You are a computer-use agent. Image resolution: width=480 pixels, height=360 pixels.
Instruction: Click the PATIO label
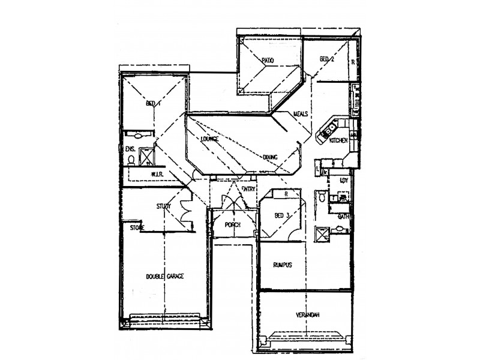tap(268, 61)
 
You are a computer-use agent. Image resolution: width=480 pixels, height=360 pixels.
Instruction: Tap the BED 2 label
tap(326, 59)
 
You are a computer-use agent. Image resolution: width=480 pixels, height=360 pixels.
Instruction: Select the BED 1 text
tap(154, 103)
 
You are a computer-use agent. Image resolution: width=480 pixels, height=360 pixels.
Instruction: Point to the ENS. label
tap(130, 148)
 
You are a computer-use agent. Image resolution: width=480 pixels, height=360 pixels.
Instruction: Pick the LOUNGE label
tap(209, 139)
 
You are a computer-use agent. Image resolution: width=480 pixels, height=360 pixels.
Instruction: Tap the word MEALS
tap(301, 114)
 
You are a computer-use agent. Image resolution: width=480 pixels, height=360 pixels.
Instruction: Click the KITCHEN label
tap(339, 140)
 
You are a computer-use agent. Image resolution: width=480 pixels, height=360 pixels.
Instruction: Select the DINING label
tap(270, 157)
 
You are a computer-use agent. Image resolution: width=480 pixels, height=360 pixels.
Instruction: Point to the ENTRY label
tap(248, 188)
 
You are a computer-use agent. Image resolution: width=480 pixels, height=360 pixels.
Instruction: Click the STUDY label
tap(164, 206)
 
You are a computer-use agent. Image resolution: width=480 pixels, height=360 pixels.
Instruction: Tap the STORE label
tap(137, 228)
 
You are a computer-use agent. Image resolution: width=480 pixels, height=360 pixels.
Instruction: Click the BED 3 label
tap(282, 215)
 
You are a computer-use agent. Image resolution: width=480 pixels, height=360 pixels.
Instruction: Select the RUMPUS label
tap(282, 265)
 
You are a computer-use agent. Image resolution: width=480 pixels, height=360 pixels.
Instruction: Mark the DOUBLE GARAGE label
tap(164, 277)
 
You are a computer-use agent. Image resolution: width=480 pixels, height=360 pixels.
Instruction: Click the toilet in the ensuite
tap(131, 160)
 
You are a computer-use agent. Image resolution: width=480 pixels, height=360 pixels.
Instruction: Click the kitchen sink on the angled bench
tap(329, 128)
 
